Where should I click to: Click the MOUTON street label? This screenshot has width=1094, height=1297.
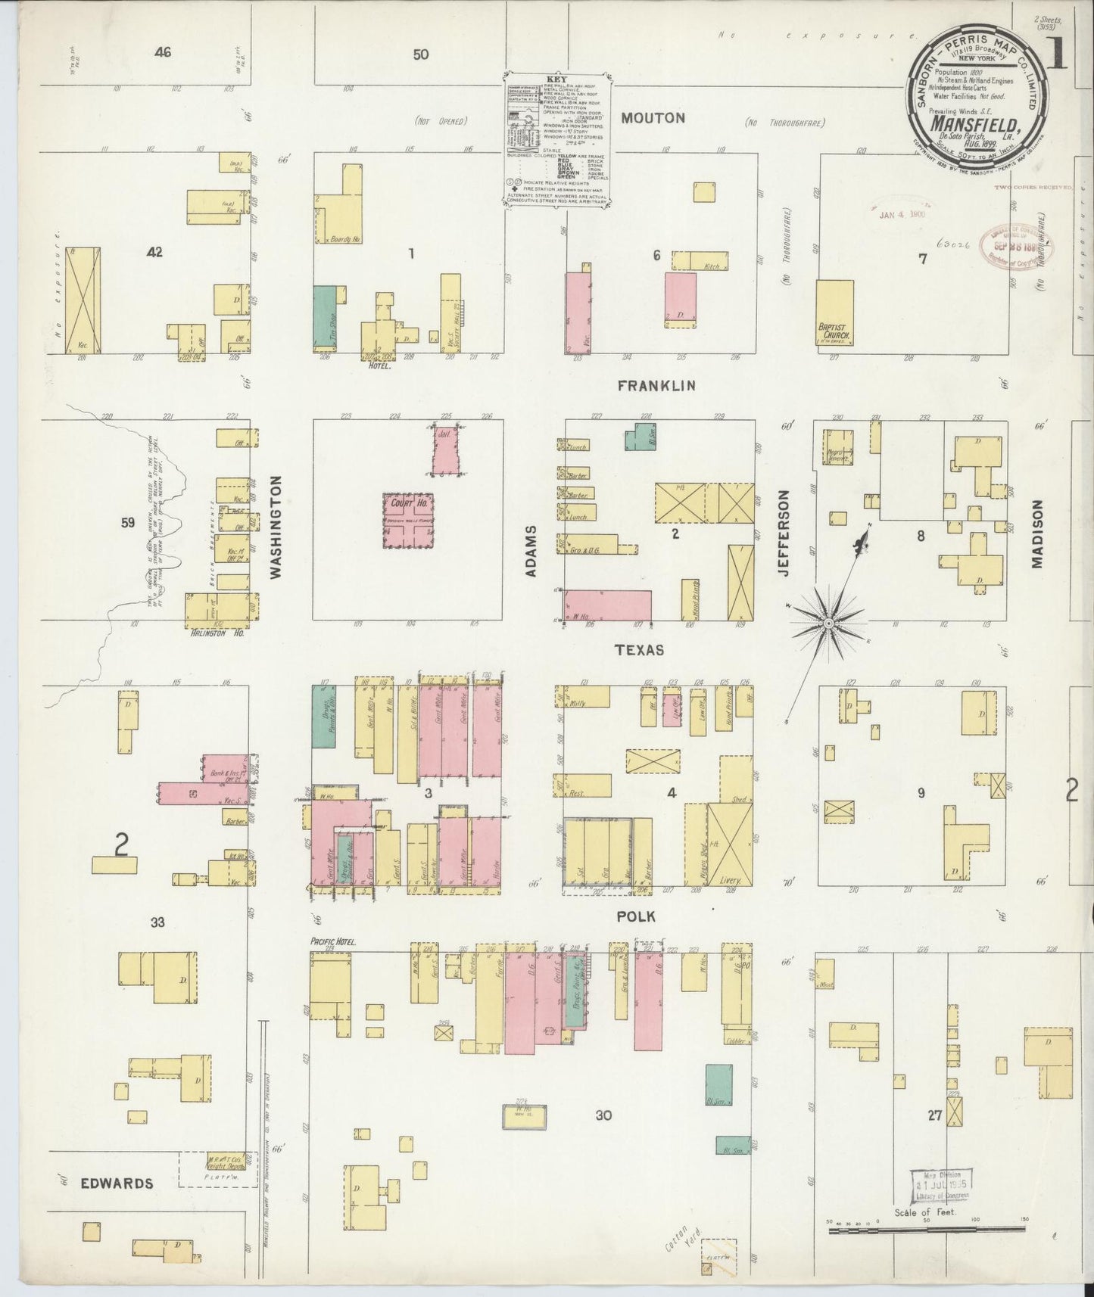(x=653, y=118)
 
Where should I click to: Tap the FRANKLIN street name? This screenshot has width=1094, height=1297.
(x=656, y=386)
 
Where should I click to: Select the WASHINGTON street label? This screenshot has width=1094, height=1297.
(x=276, y=527)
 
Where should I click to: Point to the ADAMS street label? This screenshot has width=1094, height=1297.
(x=531, y=551)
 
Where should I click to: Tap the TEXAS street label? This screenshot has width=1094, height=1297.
(x=640, y=650)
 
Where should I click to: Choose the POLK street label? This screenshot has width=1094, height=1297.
(x=635, y=916)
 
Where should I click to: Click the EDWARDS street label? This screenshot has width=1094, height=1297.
(x=117, y=1183)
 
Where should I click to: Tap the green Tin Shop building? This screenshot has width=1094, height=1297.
(x=325, y=319)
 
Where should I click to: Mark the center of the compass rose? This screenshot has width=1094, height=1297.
(x=828, y=623)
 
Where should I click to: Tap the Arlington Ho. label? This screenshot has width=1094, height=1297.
(x=216, y=633)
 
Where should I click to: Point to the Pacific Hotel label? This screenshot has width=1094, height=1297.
(x=333, y=942)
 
